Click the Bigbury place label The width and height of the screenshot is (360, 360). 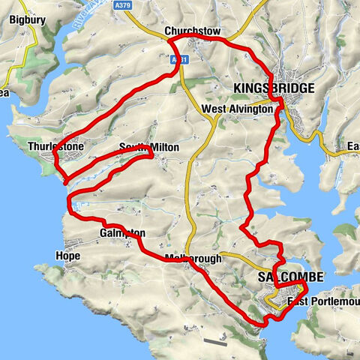pos(17,20)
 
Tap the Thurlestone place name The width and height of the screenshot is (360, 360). pos(50,147)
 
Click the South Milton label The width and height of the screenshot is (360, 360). pos(150,148)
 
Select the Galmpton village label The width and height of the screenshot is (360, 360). pos(121,233)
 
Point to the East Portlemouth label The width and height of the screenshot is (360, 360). pos(315,301)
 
